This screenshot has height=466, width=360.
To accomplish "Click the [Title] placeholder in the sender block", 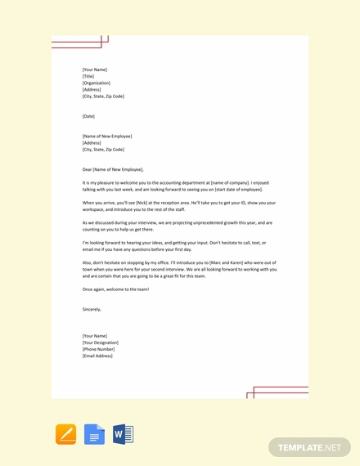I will [88, 76].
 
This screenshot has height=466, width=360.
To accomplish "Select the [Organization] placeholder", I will [97, 83].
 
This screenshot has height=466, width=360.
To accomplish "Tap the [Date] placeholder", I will [88, 116].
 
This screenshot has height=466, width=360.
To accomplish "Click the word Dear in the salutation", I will [88, 169].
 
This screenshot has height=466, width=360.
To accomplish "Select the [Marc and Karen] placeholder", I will [223, 262].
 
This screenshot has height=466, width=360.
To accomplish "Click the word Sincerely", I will [92, 309].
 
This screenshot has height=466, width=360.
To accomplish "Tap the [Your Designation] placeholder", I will [101, 343].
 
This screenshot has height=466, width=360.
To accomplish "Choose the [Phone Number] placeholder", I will [98, 349].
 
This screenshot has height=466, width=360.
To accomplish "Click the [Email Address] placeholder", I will [98, 356].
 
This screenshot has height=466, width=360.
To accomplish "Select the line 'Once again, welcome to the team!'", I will [115, 289].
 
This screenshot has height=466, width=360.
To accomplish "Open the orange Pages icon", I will [66, 434].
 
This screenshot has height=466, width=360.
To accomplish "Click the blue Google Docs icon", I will [95, 434].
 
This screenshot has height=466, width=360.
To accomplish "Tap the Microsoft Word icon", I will [123, 434].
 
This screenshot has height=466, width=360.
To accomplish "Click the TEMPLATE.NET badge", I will [308, 447].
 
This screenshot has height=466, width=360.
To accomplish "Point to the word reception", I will [169, 202].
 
